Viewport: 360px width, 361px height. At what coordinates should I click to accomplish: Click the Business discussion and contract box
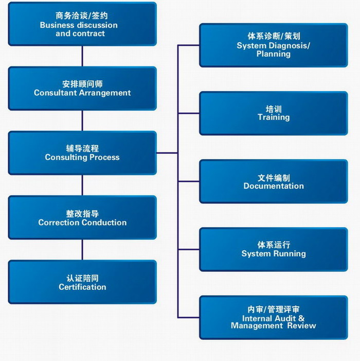(82, 24)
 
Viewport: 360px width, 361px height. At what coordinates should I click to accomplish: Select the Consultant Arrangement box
(82, 89)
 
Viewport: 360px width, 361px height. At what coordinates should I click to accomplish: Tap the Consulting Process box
(82, 153)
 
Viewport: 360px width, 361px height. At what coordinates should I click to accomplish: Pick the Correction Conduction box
(82, 217)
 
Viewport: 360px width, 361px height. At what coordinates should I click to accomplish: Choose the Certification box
(82, 282)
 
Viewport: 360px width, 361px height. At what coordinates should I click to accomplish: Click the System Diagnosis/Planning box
(273, 45)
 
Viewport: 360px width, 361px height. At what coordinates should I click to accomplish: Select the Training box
(273, 113)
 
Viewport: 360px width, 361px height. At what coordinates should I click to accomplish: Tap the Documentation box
(273, 181)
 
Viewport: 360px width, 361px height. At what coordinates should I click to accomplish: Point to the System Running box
(273, 249)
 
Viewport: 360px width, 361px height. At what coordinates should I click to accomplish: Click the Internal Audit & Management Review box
(273, 318)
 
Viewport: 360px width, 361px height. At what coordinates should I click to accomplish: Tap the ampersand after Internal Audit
(301, 318)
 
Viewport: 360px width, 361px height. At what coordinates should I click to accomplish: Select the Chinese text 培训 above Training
(274, 109)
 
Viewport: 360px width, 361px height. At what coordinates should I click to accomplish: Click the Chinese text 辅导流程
(82, 148)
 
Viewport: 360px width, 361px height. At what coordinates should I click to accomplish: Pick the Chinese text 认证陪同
(82, 279)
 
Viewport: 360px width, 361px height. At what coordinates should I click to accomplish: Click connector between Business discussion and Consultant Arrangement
(82, 56)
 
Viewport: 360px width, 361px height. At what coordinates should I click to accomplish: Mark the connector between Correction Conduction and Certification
(82, 250)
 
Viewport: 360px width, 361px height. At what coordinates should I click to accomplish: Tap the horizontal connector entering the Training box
(189, 113)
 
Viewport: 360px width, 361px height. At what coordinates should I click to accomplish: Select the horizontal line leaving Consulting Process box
(167, 152)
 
